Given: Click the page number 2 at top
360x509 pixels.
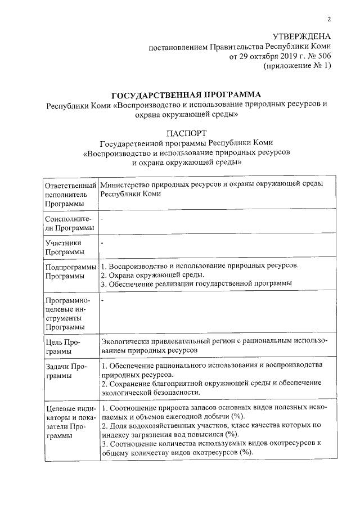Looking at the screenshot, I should coord(329,20).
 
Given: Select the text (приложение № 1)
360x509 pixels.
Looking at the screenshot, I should coord(298,66).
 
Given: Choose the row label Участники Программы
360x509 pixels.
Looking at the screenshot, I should coord(65,247).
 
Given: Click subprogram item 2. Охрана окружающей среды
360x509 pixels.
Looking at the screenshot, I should coord(152,275).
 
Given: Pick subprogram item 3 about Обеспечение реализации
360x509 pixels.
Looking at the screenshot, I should coord(196,284).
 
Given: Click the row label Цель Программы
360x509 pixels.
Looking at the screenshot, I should coord(64,346).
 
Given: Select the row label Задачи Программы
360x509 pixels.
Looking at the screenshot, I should coord(66,371).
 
